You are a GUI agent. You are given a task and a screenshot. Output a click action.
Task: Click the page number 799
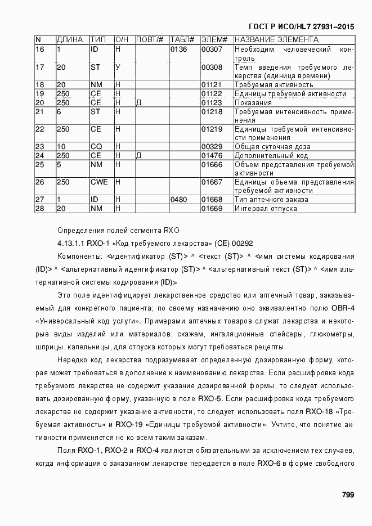[x=347, y=494]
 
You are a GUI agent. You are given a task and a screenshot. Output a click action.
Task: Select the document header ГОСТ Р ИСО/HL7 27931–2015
[x=302, y=26]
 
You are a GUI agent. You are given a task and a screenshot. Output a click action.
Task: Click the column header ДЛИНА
[x=70, y=40]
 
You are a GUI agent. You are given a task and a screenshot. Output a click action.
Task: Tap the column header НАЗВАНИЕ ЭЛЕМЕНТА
[x=276, y=40]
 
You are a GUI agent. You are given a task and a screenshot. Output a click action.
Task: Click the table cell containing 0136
[x=178, y=50]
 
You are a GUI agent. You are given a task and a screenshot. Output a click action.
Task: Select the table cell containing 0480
[x=178, y=200]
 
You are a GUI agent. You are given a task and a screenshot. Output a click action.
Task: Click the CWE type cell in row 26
[x=99, y=182]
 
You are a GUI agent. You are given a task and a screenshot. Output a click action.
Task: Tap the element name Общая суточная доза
[x=272, y=147]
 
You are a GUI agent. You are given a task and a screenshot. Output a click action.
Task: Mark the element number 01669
[x=212, y=209]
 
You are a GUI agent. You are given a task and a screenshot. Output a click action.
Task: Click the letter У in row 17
[x=118, y=68]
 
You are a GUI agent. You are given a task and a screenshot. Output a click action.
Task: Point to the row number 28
[x=39, y=209]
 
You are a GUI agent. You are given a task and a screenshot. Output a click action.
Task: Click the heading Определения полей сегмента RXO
[x=118, y=230]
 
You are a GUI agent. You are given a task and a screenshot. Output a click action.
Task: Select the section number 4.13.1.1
[x=70, y=243]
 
